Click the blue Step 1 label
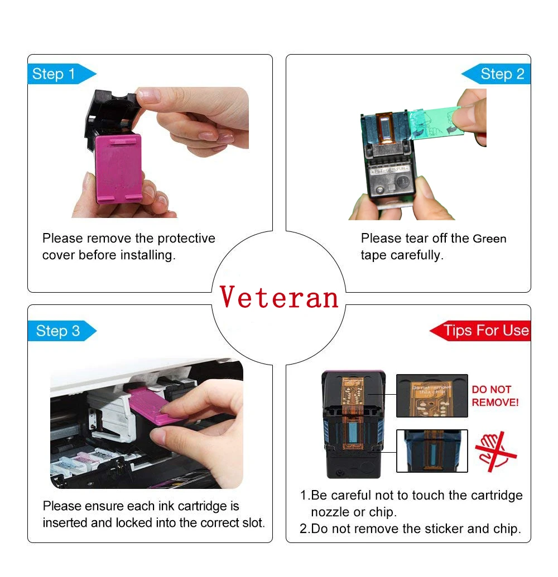(x=55, y=74)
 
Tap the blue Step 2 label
(x=502, y=74)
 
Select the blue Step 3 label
(x=59, y=331)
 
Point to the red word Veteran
(x=279, y=297)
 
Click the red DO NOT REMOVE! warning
(x=494, y=395)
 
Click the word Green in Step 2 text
(x=489, y=239)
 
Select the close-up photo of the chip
(x=431, y=395)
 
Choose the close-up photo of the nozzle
(x=431, y=450)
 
